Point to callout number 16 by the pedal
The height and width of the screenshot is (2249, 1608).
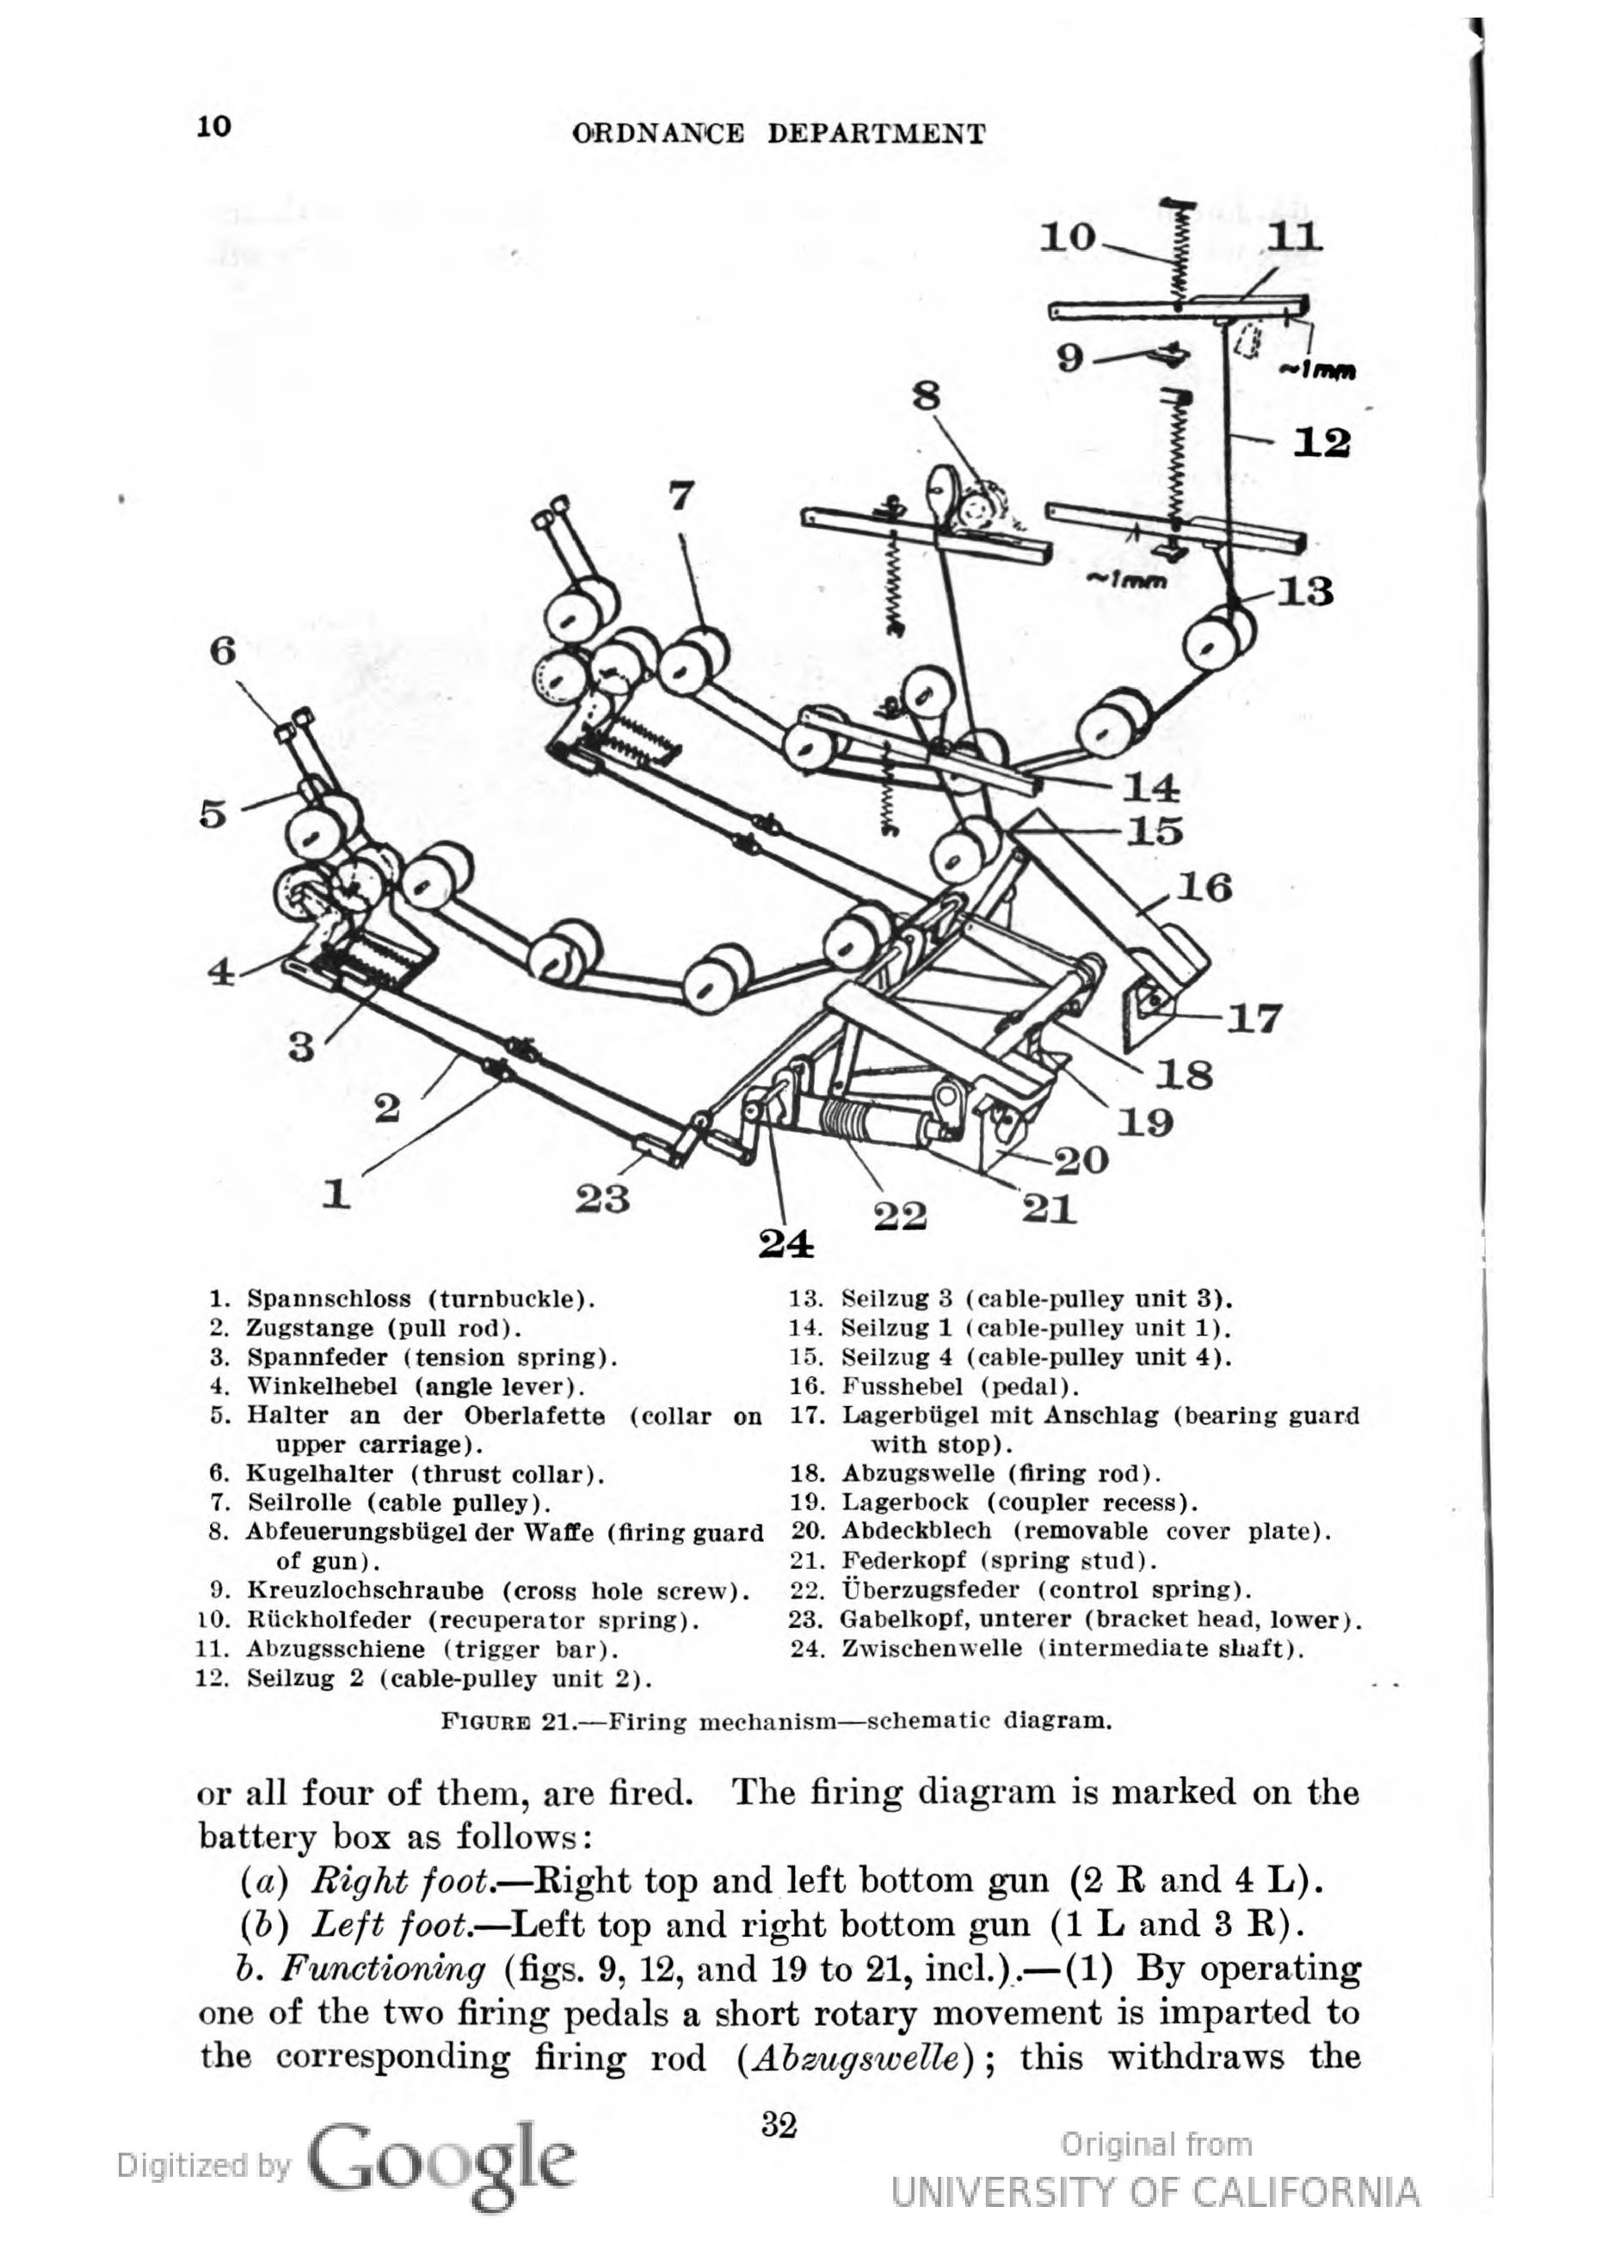(1204, 887)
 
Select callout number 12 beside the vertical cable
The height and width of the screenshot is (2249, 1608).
(1322, 442)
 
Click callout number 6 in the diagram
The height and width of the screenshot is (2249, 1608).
(224, 651)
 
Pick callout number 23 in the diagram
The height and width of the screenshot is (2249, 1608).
(603, 1199)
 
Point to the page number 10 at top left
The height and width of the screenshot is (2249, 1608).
(214, 126)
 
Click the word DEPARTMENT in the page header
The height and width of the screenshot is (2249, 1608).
(877, 133)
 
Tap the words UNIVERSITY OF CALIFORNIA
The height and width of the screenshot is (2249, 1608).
(1155, 2184)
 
